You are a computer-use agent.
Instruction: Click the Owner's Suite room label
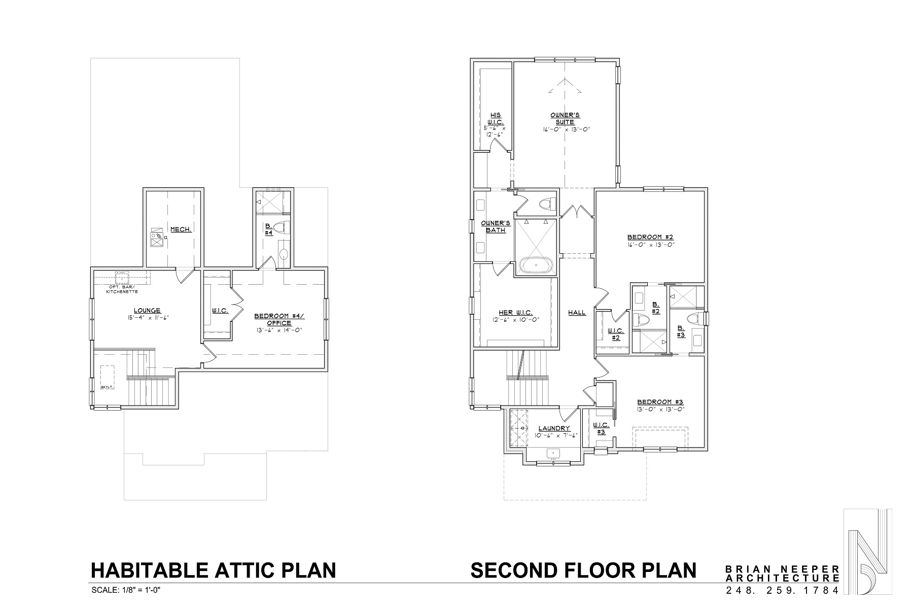[565, 119]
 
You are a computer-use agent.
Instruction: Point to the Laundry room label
[554, 428]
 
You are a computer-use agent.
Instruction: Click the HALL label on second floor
[577, 313]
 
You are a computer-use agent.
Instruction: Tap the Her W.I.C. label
[515, 313]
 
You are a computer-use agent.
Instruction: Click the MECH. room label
[181, 229]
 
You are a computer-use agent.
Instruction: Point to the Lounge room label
[147, 311]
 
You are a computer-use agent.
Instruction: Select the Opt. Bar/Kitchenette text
[122, 289]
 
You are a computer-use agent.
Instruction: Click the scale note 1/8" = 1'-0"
[126, 590]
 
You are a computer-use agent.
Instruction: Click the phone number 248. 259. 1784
[782, 591]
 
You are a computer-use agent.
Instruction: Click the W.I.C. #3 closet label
[601, 428]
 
